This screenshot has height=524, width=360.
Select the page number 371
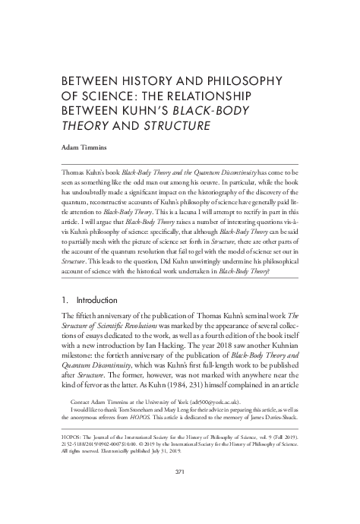(180, 492)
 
